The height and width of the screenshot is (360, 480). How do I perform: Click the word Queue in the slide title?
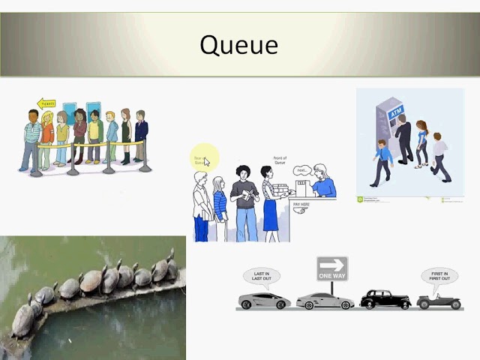[238, 45]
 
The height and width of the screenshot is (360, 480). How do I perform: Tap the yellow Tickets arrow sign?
[46, 103]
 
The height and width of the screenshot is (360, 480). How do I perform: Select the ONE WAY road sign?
[331, 268]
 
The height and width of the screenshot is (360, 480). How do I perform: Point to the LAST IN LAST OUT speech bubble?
[262, 277]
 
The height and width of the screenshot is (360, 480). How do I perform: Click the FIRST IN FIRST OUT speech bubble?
[439, 277]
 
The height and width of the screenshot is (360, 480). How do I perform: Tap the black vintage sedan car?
[385, 299]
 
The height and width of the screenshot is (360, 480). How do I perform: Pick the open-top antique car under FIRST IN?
[439, 301]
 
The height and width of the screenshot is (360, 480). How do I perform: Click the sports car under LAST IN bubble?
[263, 301]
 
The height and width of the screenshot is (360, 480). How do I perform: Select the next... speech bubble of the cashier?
[302, 170]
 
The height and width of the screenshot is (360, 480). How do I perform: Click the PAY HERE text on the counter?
[301, 203]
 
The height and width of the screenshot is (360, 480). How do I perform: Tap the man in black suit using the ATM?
[404, 137]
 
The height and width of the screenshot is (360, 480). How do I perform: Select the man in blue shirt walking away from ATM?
[382, 160]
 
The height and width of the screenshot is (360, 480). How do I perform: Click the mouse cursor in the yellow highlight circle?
[206, 161]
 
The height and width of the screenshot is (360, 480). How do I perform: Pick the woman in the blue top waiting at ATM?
[421, 142]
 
